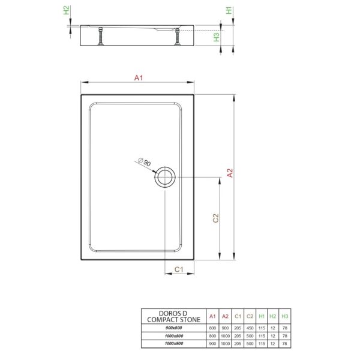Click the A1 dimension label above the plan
pyautogui.click(x=139, y=78)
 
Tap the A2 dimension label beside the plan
pyautogui.click(x=230, y=173)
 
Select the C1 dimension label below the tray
pyautogui.click(x=179, y=269)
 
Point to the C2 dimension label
pyautogui.click(x=216, y=218)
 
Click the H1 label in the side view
pyautogui.click(x=229, y=10)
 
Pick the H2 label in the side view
pyautogui.click(x=67, y=10)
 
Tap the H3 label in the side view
pyautogui.click(x=217, y=37)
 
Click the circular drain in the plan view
pyautogui.click(x=165, y=177)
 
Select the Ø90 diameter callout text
pyautogui.click(x=145, y=162)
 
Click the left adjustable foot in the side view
pyautogui.click(x=101, y=36)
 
